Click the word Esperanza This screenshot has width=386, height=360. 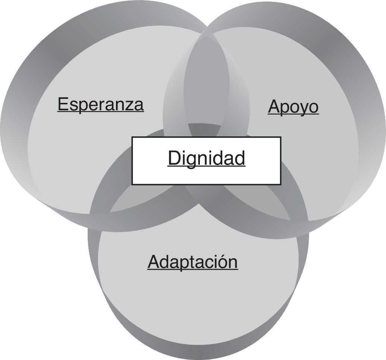pos(100,104)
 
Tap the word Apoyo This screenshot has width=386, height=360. pos(293,107)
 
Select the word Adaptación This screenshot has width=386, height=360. pos(192,262)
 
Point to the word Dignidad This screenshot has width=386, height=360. pos(206,158)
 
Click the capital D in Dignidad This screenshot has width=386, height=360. pos(173,158)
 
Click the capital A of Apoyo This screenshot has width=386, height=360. pos(273,107)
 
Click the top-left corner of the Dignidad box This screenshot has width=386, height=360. pos(132,138)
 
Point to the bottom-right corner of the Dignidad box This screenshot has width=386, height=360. pos(280,184)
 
